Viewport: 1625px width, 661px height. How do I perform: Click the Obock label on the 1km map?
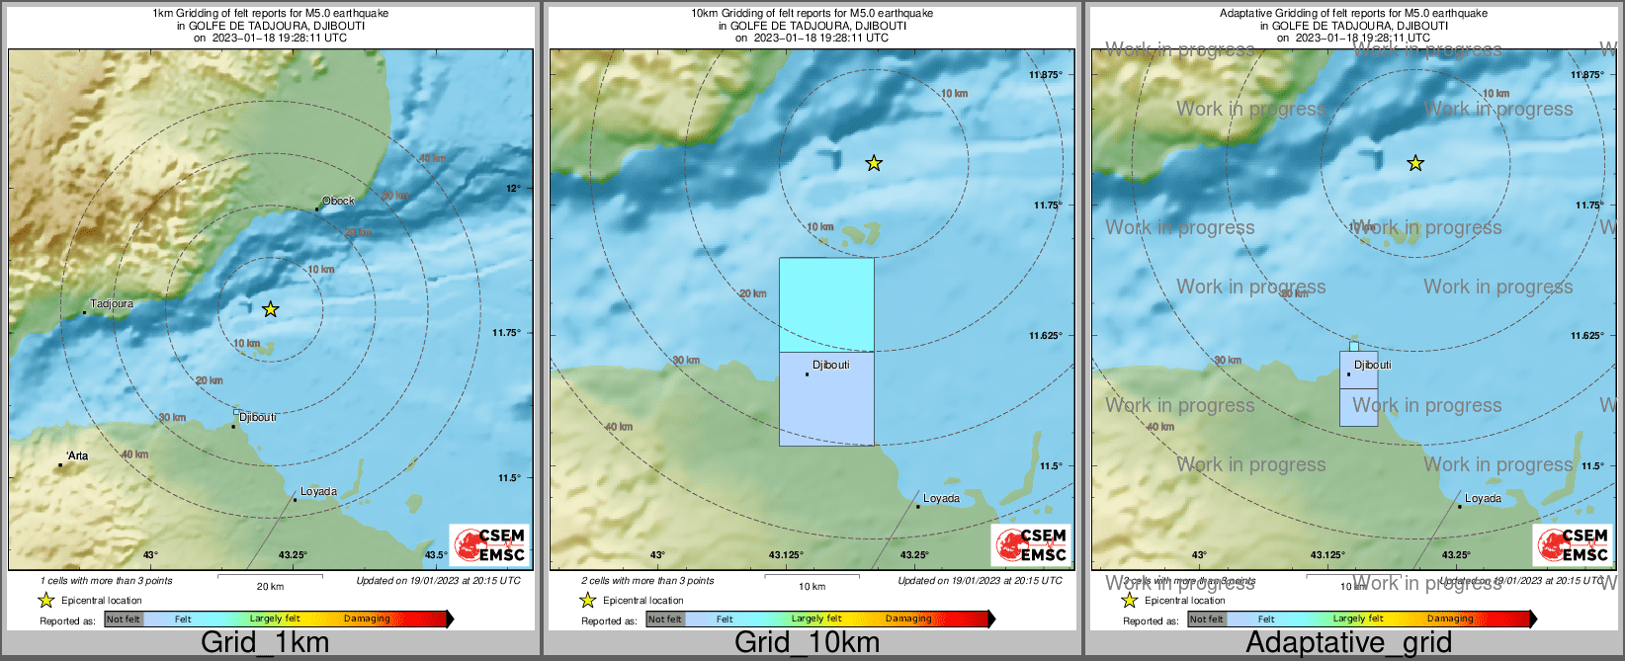(338, 201)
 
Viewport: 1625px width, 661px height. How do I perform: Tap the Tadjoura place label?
(111, 304)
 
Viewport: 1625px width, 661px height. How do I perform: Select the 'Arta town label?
(77, 455)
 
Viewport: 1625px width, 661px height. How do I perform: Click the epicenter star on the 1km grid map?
(271, 309)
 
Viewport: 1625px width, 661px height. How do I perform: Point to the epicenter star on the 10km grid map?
(874, 163)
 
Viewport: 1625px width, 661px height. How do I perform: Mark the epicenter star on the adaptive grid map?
(1415, 163)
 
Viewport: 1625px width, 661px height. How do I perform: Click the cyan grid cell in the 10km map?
(826, 304)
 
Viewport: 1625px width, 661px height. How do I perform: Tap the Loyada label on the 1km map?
(318, 491)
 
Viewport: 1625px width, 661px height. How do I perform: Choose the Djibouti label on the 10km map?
(830, 366)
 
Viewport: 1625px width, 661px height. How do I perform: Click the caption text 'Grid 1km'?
(265, 642)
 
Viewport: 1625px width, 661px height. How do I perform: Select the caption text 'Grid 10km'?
(807, 642)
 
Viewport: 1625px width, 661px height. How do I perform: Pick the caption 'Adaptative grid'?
(1348, 642)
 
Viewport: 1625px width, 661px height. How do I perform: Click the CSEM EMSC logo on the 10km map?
(1031, 545)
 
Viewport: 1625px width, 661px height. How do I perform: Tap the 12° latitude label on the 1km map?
(513, 188)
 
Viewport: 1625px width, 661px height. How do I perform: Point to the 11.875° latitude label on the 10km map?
(1045, 75)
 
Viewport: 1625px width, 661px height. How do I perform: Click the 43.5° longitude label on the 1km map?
(436, 555)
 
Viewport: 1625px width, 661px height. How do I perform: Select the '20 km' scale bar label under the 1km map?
(270, 586)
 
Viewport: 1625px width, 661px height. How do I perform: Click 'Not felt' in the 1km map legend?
(124, 620)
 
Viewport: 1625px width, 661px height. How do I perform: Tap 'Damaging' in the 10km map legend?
(908, 620)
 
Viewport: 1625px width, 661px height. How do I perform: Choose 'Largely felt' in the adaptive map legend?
(1357, 620)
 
